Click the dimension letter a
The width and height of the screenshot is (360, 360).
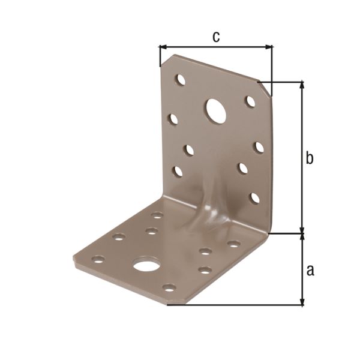pyautogui.click(x=310, y=270)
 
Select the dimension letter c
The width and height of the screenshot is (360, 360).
pyautogui.click(x=216, y=36)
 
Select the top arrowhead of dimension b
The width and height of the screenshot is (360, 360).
pyautogui.click(x=302, y=85)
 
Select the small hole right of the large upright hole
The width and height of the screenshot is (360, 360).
pyautogui.click(x=250, y=101)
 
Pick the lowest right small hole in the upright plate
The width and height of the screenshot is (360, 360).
pyautogui.click(x=255, y=197)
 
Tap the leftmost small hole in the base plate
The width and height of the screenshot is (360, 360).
pyautogui.click(x=98, y=260)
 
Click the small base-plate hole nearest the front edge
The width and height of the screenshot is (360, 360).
pyautogui.click(x=169, y=288)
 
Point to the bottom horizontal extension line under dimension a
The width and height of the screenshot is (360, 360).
pyautogui.click(x=234, y=305)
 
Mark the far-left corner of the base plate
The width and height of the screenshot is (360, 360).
pyautogui.click(x=75, y=258)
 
